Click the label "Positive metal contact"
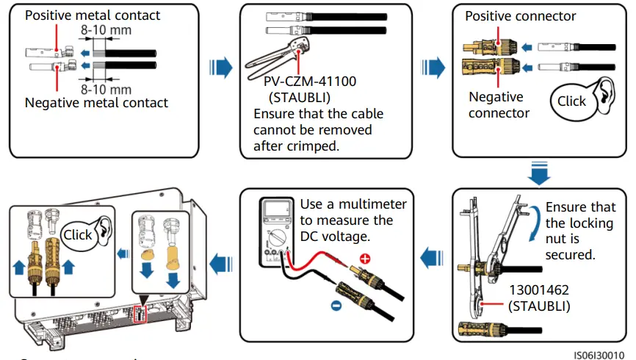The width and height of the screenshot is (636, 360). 93,15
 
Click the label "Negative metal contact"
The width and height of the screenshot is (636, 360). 96,103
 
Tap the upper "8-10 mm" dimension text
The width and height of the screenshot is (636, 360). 105,31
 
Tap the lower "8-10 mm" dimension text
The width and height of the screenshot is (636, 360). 105,89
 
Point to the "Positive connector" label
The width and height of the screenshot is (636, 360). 521,16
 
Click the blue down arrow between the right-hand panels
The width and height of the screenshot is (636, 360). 539,176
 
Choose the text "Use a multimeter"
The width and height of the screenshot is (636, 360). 353,204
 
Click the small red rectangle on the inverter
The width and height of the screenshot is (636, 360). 141,314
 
